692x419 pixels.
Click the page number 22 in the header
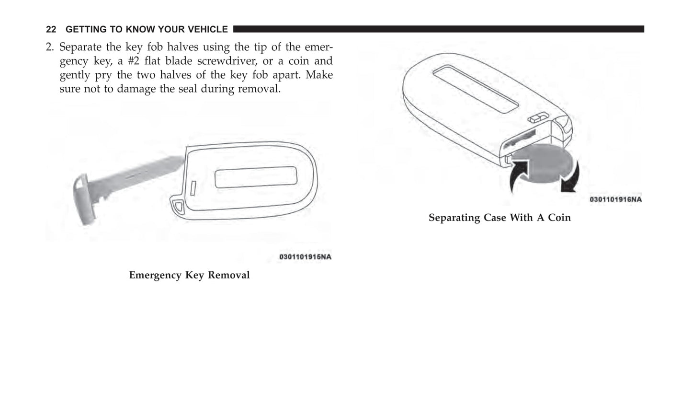click(x=51, y=29)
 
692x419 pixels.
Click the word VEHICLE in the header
click(x=208, y=29)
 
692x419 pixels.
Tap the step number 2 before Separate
click(x=49, y=47)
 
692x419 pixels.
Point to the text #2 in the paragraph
click(x=134, y=61)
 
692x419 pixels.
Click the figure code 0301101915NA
click(x=305, y=257)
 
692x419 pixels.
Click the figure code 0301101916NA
click(x=616, y=199)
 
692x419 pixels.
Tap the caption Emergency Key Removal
click(x=189, y=275)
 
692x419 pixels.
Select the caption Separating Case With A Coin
click(x=499, y=218)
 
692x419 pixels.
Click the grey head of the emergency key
click(x=83, y=199)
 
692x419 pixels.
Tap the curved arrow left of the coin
click(x=519, y=175)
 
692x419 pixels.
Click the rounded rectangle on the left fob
click(x=256, y=177)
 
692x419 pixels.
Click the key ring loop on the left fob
click(x=178, y=206)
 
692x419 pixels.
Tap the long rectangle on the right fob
click(x=476, y=89)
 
